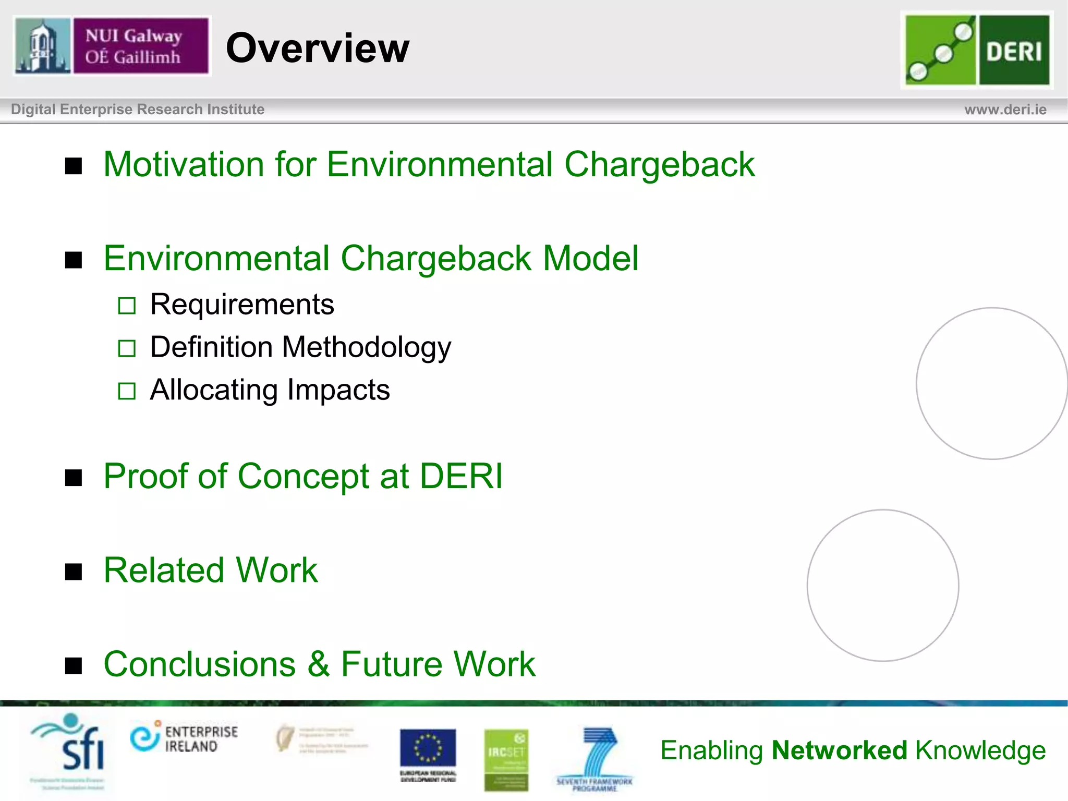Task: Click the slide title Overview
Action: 318,48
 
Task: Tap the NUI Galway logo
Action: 112,46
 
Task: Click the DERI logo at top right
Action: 977,50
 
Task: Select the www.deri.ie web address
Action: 1005,110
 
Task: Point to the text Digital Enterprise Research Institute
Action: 138,110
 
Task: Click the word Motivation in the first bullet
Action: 184,164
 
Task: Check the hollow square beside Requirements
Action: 127,306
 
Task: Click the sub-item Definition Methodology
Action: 300,347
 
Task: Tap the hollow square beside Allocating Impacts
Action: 127,391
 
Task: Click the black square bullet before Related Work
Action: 74,572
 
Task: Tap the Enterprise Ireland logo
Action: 184,738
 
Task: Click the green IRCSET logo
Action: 506,759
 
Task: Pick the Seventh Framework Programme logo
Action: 595,757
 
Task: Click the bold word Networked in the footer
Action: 840,750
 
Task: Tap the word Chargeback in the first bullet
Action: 659,164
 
